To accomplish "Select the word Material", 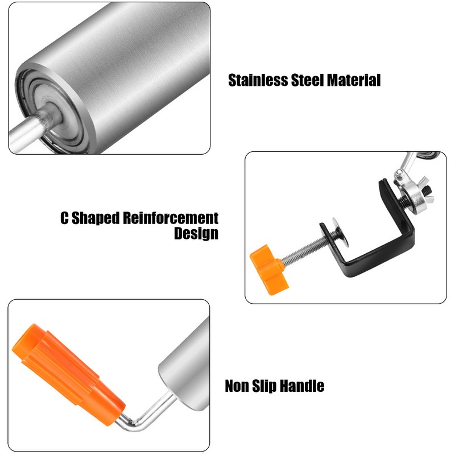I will click(x=354, y=80).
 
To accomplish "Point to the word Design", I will click(x=196, y=233).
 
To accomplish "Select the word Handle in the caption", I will click(x=304, y=387).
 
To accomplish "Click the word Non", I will click(x=239, y=387).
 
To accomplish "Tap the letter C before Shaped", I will click(x=65, y=218).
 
